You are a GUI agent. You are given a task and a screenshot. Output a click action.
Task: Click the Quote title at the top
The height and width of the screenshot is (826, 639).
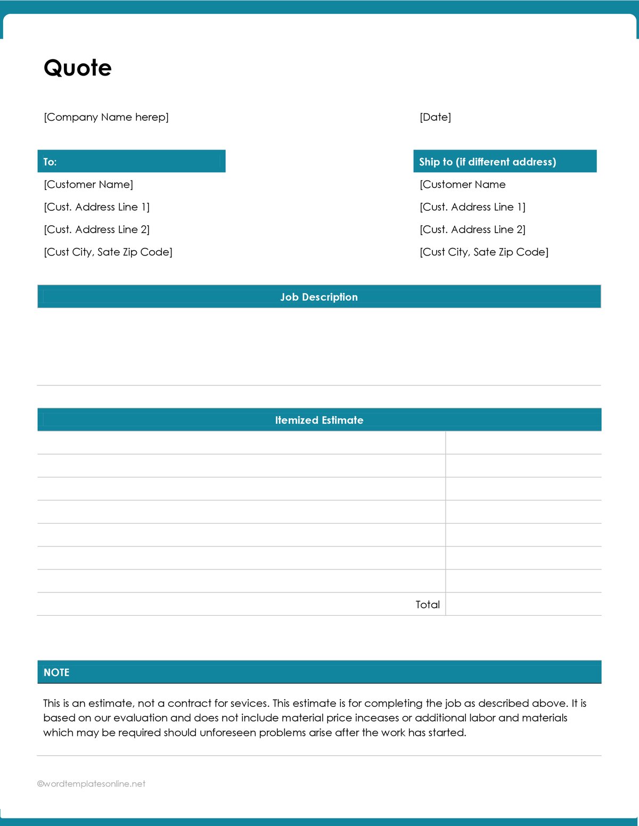[x=78, y=68]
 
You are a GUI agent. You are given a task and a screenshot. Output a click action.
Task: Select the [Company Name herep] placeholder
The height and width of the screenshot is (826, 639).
[x=106, y=117]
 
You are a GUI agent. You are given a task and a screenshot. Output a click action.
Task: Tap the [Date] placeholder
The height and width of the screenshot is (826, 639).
[x=435, y=117]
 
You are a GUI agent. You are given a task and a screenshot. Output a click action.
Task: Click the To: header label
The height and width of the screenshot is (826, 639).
[x=50, y=162]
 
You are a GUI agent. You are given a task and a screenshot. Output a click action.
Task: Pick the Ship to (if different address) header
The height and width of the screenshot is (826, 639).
[x=487, y=162]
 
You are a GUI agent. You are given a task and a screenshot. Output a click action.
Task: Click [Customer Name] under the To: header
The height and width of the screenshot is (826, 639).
[x=88, y=185]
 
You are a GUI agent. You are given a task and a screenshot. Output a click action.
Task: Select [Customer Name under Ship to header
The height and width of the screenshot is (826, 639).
[x=462, y=185]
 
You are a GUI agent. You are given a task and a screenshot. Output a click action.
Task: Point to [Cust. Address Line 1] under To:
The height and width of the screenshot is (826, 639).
[x=96, y=207]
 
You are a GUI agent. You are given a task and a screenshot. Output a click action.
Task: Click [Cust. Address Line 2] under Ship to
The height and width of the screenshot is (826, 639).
[x=472, y=229]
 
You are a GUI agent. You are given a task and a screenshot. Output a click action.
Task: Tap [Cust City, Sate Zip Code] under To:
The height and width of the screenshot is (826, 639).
[x=108, y=252]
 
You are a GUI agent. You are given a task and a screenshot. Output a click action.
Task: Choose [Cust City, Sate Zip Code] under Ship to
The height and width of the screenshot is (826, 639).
[x=484, y=252]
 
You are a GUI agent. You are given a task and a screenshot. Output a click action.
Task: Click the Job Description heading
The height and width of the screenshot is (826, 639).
[x=319, y=297]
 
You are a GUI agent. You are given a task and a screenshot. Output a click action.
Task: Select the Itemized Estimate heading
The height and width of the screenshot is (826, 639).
[x=319, y=420]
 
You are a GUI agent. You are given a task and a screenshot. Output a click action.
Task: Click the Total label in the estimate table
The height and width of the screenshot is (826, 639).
[x=428, y=605]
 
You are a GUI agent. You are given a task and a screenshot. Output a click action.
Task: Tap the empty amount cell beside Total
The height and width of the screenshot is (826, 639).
[x=523, y=605]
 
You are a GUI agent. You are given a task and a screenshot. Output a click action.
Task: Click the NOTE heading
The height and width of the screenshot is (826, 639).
[x=56, y=672]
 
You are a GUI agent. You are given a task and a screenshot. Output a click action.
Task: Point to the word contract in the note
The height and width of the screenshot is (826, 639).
[x=190, y=704]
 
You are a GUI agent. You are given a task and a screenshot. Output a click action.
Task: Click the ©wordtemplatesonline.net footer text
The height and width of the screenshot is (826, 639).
[x=91, y=784]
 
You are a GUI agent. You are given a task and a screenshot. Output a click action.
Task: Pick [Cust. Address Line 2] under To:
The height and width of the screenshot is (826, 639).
[x=96, y=229]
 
